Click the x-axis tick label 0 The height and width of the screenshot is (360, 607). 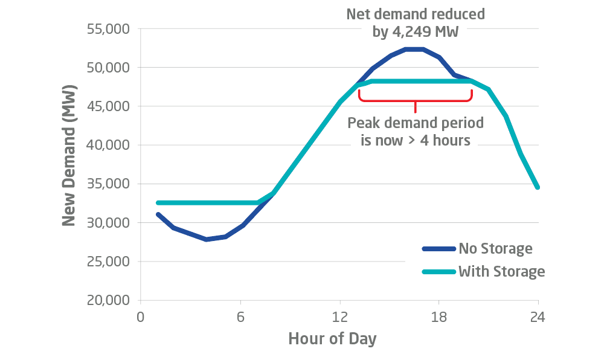click(x=140, y=317)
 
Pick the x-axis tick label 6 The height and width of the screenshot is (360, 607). click(x=240, y=317)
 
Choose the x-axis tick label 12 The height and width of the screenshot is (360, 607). click(x=340, y=317)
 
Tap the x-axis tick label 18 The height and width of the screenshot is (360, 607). click(x=439, y=317)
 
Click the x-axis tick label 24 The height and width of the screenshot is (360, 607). click(x=538, y=317)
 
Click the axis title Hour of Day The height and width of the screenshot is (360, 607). click(x=332, y=338)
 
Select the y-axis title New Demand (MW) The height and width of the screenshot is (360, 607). click(x=70, y=164)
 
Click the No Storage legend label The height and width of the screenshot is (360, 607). click(x=495, y=248)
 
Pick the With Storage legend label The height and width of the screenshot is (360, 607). click(x=501, y=271)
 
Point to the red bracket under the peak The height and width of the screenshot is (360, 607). click(x=415, y=97)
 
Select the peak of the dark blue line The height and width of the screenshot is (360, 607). click(x=414, y=49)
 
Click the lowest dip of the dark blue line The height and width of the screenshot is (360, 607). click(x=207, y=239)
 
